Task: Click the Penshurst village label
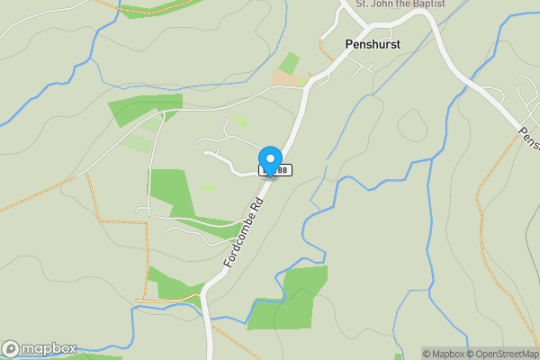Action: tap(373, 43)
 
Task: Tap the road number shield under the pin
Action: tap(278, 170)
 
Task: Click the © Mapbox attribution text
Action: tap(442, 354)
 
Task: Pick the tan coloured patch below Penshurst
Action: tap(286, 79)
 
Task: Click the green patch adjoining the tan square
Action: tap(290, 62)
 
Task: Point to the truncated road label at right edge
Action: tap(528, 138)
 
